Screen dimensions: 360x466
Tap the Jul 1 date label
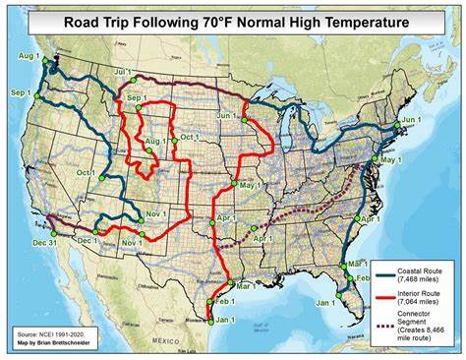122,72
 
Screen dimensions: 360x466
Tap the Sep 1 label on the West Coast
21,90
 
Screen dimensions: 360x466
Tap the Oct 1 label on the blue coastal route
86,172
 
